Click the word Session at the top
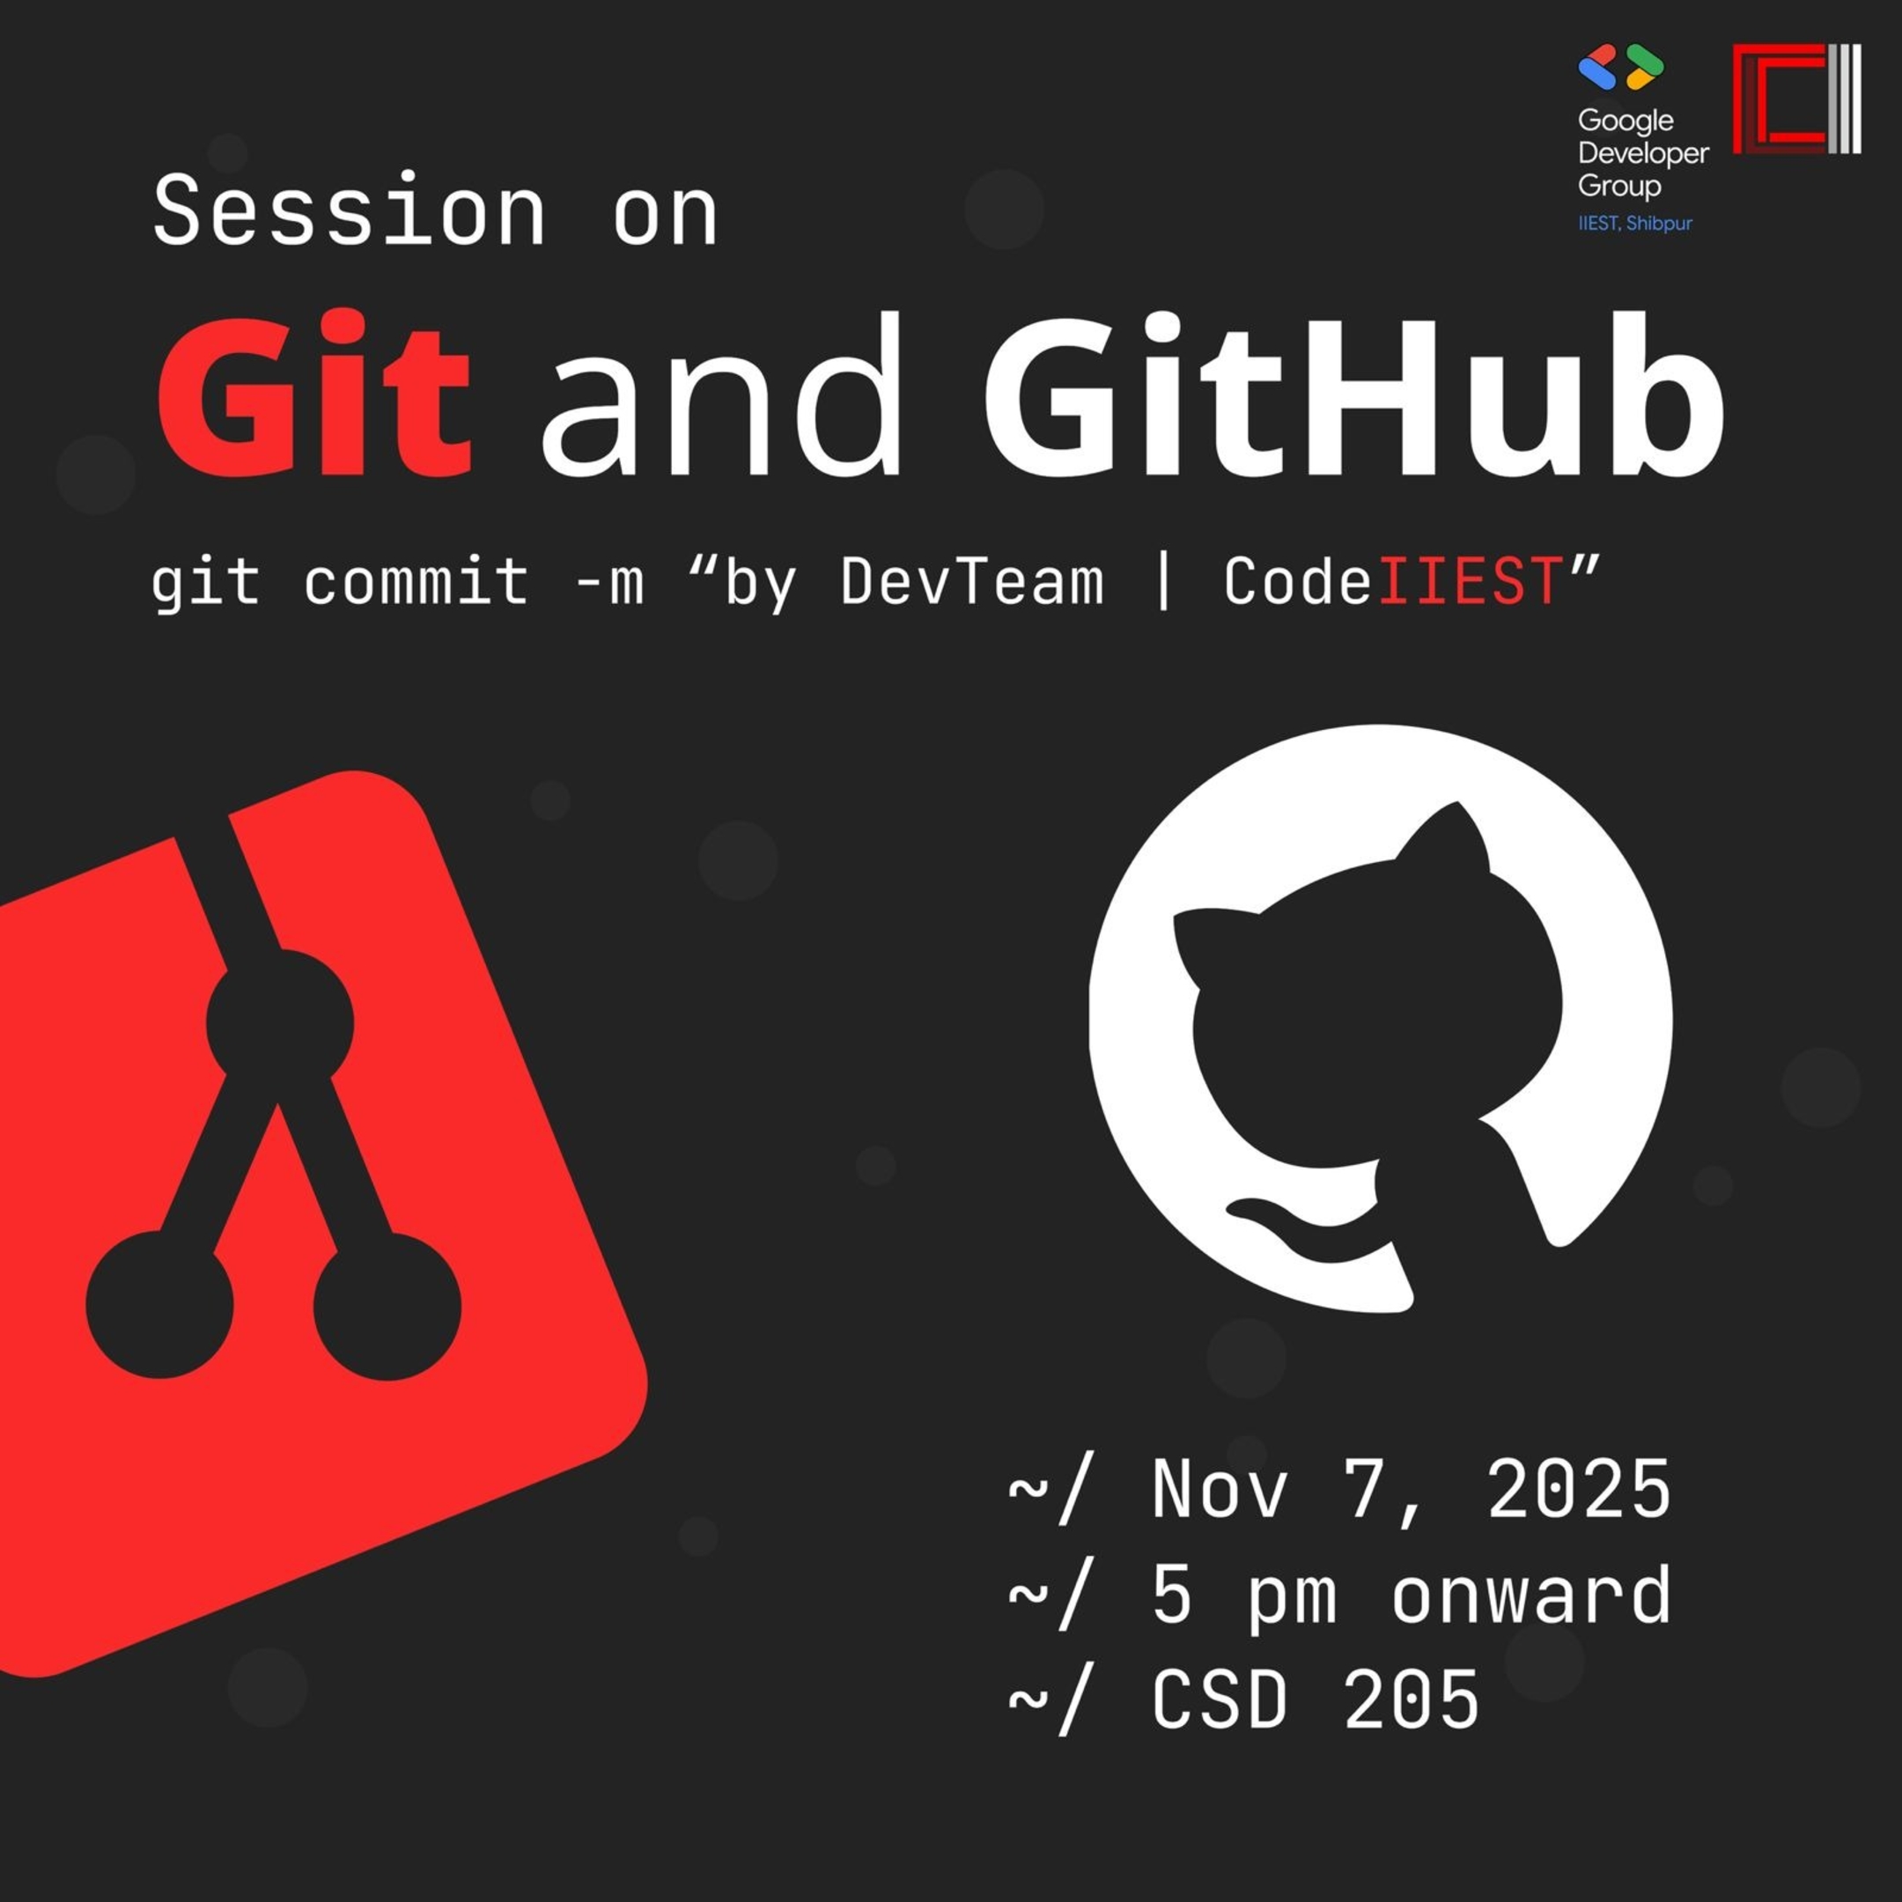coord(350,210)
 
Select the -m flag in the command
coord(609,581)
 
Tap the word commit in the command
coord(417,581)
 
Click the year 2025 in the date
coord(1578,1488)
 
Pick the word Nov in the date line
coord(1219,1488)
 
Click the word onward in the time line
coord(1531,1595)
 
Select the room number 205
coord(1411,1699)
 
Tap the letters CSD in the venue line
coord(1219,1699)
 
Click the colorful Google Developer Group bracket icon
coord(1620,67)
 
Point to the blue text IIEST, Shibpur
coord(1635,224)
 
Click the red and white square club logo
coord(1796,99)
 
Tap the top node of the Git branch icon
coord(280,1024)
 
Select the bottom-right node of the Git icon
coord(387,1307)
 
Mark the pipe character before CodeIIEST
coord(1162,581)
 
